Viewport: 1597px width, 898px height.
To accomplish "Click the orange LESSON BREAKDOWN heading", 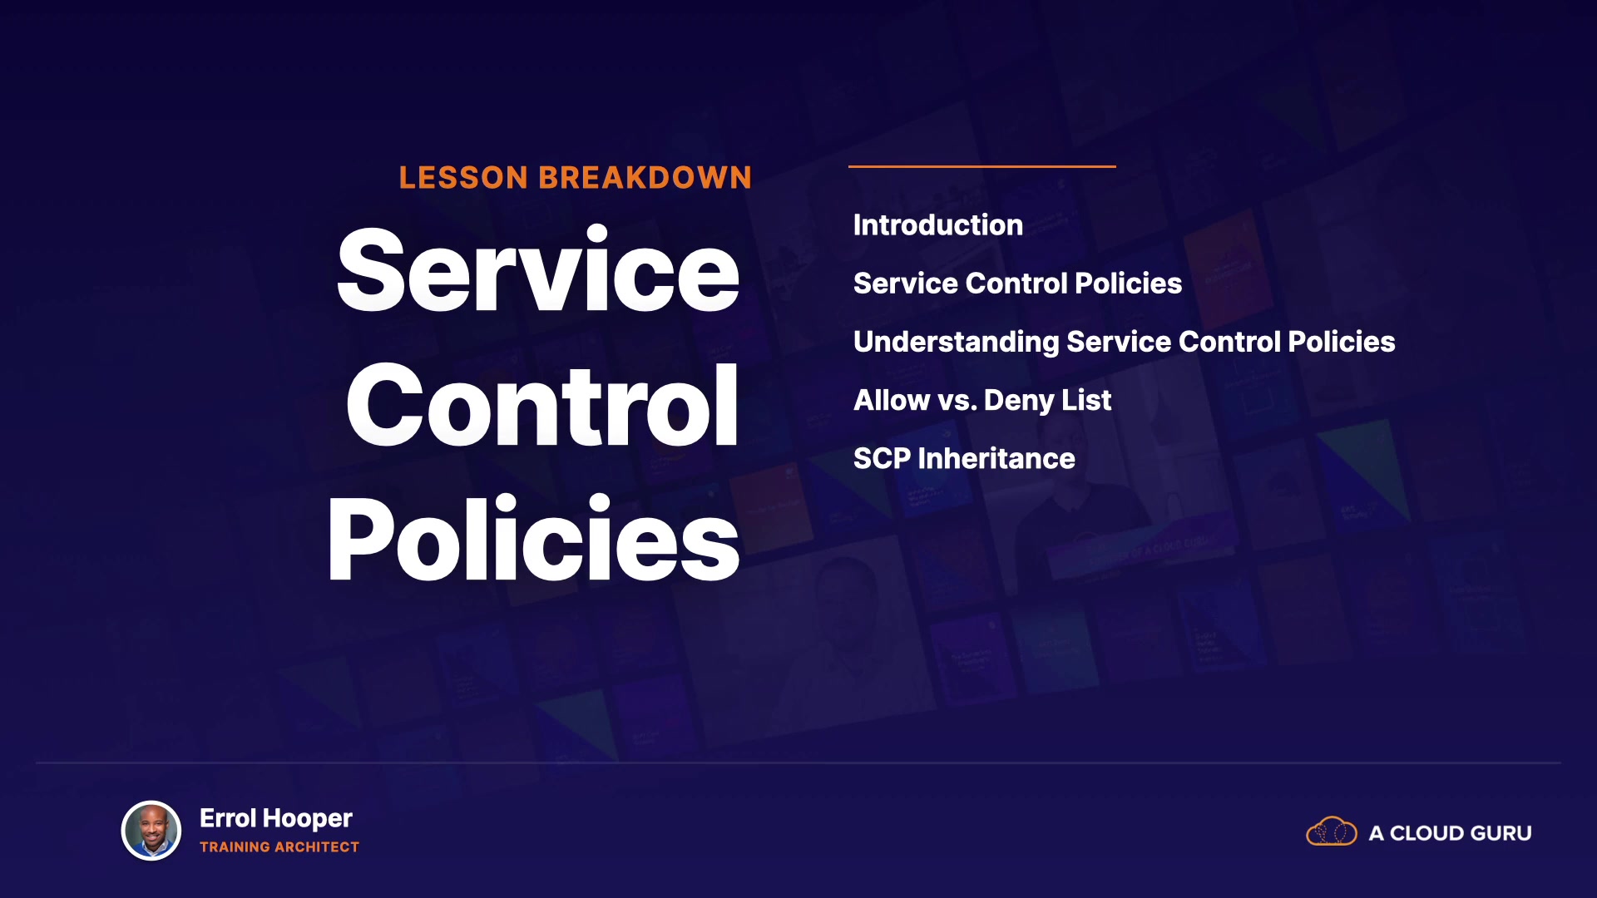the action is coord(575,178).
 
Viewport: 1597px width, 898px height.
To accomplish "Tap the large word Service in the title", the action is coord(538,270).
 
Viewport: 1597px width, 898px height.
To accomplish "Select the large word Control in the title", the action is coord(542,405).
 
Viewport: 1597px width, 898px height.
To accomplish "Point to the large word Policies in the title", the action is coord(533,539).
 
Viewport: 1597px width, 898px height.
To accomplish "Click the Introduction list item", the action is coord(938,225).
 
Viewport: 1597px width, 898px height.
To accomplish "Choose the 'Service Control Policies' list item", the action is coord(1017,284).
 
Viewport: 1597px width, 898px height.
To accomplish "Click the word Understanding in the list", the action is coord(957,343).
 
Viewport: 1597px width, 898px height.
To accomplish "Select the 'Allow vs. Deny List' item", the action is coord(982,401).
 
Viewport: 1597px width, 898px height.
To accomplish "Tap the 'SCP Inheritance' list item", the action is coord(964,459).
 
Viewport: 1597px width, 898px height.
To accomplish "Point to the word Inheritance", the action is coord(996,459).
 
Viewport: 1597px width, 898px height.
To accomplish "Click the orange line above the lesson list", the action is coord(982,166).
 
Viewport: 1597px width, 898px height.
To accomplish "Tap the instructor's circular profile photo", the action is coord(151,831).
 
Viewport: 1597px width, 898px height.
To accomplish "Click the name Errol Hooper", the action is coord(276,819).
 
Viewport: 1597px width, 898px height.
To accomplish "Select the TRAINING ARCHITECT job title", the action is coord(279,847).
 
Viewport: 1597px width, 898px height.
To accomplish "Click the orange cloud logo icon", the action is coord(1332,831).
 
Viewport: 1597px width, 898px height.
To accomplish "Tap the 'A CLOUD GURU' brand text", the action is coord(1451,833).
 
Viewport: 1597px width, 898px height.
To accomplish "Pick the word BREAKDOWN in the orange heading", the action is coord(645,178).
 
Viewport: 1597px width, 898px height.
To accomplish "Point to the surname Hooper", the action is coord(308,819).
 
